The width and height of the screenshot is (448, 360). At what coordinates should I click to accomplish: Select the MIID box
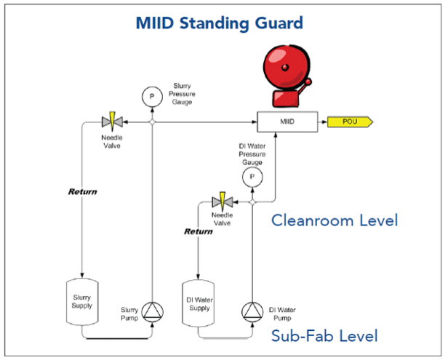[x=287, y=121]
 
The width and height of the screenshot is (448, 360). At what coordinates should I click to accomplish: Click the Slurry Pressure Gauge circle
[x=153, y=96]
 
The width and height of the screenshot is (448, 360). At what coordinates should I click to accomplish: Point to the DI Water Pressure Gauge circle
[x=252, y=176]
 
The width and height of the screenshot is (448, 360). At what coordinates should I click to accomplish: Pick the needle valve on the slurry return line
[x=111, y=121]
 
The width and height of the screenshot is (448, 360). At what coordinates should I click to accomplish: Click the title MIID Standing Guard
[x=219, y=23]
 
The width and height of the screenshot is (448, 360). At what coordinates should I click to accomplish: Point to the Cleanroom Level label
[x=334, y=220]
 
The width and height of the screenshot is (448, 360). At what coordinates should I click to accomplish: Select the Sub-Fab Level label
[x=324, y=336]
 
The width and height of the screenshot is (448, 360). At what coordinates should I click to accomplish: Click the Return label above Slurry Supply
[x=82, y=192]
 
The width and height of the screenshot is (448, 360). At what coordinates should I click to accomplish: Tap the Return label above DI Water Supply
[x=198, y=231]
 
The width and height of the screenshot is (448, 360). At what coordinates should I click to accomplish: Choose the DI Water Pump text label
[x=283, y=313]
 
